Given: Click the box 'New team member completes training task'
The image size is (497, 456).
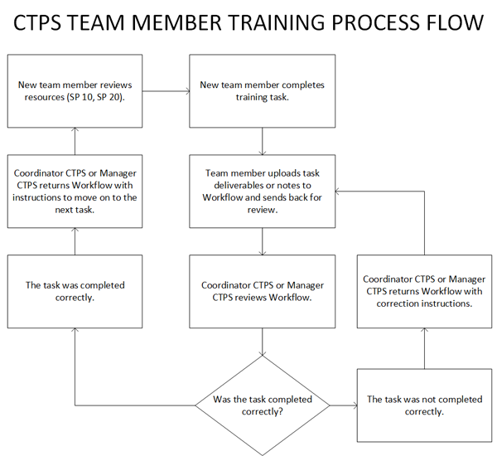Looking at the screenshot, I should tap(263, 91).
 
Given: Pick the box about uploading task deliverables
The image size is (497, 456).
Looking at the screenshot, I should tap(263, 192).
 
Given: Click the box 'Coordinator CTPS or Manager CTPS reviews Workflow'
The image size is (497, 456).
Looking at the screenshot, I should tap(263, 292).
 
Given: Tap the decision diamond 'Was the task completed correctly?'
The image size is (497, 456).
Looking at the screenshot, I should tap(263, 405).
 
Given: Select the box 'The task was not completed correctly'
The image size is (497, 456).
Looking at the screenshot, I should tap(425, 405).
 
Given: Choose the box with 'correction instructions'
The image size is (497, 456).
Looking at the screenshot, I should tap(425, 292).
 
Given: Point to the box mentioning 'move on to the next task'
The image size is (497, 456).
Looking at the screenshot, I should tap(75, 192).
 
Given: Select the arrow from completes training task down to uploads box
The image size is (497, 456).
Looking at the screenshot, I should tap(263, 142).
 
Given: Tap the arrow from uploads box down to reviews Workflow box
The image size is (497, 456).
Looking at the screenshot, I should tap(263, 242).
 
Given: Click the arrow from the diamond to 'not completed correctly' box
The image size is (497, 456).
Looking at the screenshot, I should tap(343, 405).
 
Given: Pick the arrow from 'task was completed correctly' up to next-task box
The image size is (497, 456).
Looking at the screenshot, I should tap(75, 242).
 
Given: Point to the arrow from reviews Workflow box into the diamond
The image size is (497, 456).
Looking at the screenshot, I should tap(263, 342).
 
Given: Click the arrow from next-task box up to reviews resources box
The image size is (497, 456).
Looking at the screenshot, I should tap(75, 142).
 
